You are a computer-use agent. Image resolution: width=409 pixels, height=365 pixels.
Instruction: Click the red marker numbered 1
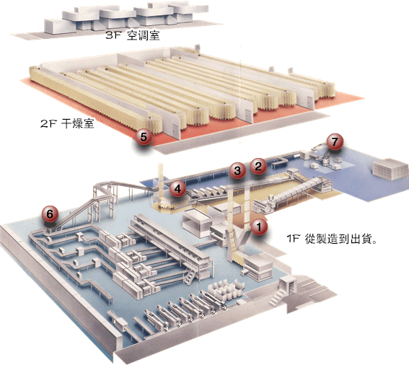259,227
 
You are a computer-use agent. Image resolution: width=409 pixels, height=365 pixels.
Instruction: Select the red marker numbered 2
258,166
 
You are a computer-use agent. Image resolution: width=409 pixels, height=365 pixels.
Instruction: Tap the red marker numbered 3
237,170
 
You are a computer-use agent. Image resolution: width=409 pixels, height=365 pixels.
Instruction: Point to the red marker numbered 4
177,188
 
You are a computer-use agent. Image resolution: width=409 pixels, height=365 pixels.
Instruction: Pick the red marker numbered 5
144,136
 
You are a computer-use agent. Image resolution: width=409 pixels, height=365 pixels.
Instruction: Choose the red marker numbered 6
50,214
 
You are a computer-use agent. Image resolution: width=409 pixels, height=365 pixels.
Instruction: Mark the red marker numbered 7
335,141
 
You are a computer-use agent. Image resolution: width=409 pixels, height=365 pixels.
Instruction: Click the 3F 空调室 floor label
133,35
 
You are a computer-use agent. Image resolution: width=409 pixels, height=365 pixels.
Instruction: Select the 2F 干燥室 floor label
67,123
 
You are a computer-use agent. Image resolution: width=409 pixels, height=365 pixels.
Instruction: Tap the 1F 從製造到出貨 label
332,239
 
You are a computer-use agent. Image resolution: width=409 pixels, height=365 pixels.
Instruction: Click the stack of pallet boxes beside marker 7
390,169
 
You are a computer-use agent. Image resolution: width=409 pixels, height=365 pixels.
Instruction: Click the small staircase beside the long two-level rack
190,277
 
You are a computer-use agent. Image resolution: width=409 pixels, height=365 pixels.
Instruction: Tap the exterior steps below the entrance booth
277,298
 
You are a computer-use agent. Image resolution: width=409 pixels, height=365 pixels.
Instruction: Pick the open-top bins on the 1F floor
226,289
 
